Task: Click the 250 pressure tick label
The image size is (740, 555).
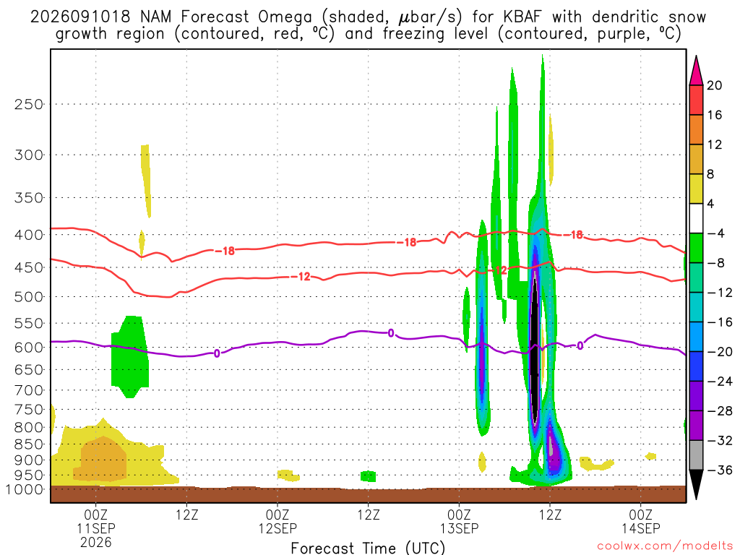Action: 28,104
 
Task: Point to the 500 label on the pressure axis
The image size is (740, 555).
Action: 28,297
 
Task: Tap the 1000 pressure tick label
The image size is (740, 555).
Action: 25,489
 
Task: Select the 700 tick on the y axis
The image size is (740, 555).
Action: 28,390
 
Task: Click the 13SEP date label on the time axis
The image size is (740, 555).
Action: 459,528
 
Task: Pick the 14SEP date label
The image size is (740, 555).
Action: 640,528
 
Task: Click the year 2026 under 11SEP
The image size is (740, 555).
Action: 96,542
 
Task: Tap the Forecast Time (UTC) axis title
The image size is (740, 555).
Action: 368,548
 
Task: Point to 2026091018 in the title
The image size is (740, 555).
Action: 80,17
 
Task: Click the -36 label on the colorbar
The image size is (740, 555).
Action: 719,470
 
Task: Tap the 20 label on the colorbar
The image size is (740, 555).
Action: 715,85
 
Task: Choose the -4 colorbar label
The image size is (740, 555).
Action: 715,233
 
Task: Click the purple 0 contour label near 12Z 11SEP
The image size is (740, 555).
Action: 217,353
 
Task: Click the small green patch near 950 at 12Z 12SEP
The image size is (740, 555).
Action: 368,476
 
